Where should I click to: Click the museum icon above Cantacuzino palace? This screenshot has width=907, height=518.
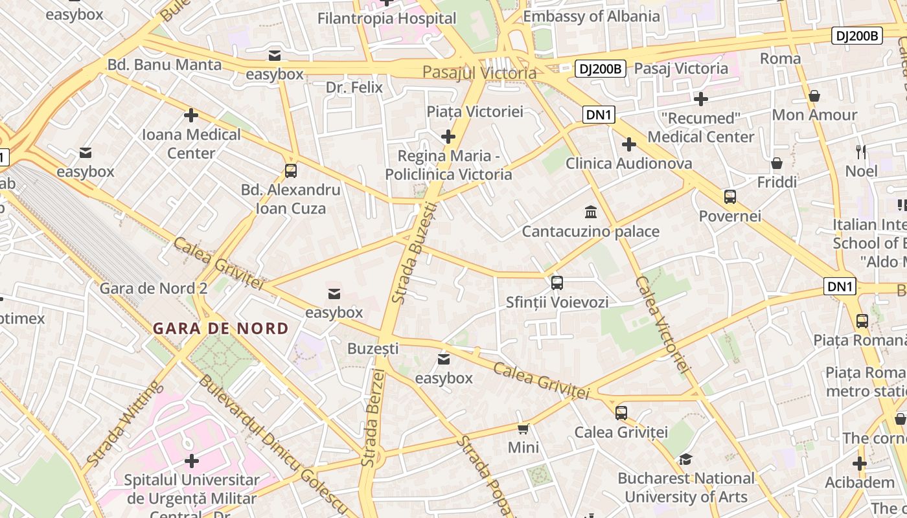point(591,212)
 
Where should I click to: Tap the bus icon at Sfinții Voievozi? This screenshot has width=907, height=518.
point(557,282)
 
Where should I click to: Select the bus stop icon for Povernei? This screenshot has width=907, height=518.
point(730,196)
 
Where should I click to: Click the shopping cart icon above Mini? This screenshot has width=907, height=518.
point(523,428)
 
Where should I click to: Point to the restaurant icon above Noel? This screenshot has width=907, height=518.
point(861,152)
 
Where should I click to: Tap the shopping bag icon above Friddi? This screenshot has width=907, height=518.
point(777,163)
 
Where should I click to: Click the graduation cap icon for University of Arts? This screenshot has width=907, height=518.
point(685,459)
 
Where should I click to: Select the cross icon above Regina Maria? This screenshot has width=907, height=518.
point(448,137)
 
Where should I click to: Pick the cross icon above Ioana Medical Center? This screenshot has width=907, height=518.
point(191,115)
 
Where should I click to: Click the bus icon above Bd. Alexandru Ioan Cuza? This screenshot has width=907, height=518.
point(291,171)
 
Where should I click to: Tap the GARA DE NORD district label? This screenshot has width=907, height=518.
point(221,328)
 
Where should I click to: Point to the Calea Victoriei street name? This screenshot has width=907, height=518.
point(661,324)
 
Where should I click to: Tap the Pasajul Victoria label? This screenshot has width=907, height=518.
point(479,73)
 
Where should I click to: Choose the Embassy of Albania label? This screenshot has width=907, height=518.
point(591,16)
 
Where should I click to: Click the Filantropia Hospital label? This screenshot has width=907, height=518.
point(387,18)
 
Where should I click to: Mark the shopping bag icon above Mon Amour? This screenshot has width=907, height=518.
point(814,96)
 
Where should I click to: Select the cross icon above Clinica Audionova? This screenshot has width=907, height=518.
point(628,144)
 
